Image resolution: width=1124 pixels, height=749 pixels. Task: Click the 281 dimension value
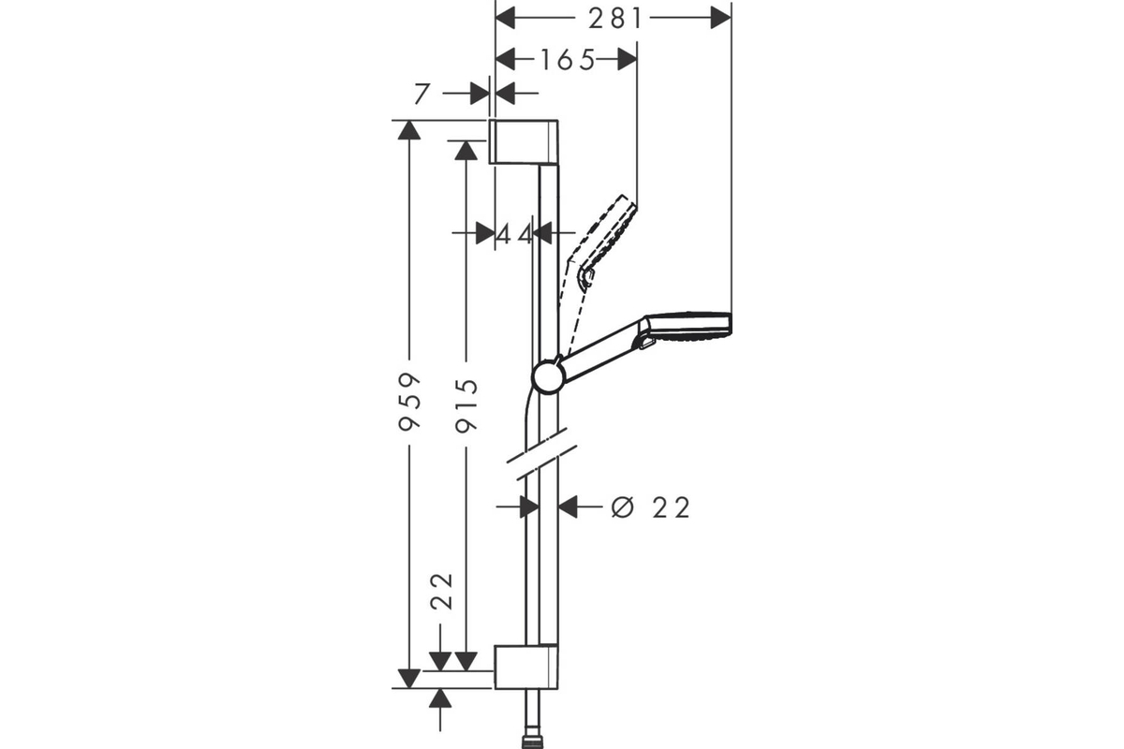tap(615, 19)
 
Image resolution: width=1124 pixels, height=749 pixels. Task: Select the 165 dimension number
tap(568, 60)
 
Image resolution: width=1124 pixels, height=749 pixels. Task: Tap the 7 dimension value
tap(422, 94)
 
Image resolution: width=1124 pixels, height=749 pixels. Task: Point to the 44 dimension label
tap(515, 234)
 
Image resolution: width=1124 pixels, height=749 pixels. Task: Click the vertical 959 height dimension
tap(409, 402)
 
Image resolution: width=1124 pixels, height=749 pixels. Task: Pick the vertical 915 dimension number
tap(466, 405)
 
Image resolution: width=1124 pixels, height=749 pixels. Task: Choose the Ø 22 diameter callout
tap(651, 507)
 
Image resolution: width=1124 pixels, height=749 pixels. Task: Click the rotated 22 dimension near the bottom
tap(441, 591)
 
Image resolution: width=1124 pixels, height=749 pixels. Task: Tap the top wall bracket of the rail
tap(524, 142)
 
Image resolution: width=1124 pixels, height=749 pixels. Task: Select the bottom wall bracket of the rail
tap(525, 667)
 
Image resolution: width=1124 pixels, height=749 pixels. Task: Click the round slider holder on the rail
tap(549, 377)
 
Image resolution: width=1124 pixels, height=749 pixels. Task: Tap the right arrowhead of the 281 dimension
tap(720, 18)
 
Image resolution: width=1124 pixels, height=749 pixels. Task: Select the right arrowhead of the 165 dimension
tap(627, 60)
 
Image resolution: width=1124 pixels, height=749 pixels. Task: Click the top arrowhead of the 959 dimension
tap(409, 130)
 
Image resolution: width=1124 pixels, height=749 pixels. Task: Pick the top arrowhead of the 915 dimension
tap(466, 151)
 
